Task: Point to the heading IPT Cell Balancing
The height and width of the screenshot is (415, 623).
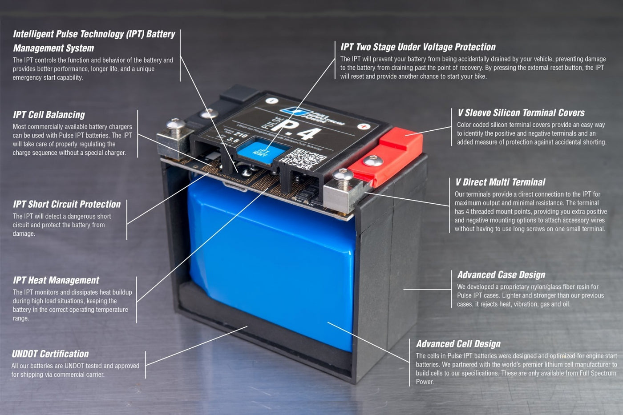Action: tap(49, 115)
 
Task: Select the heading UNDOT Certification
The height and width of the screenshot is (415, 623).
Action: tap(50, 354)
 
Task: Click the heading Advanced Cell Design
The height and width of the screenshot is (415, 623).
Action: tap(458, 344)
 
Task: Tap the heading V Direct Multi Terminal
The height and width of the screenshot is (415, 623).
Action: tap(500, 182)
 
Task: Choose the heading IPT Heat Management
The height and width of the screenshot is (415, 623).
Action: tap(56, 280)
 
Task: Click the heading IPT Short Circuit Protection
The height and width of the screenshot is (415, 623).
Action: tap(67, 204)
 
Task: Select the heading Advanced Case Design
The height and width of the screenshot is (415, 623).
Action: tap(501, 275)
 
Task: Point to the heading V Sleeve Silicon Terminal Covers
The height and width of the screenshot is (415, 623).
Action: tap(521, 113)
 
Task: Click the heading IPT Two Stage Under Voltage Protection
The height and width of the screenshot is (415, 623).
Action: tap(418, 47)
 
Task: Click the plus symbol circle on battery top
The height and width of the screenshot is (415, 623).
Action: tap(364, 126)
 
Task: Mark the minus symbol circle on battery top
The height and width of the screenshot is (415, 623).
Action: tap(272, 101)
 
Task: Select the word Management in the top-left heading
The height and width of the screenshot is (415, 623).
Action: tap(53, 48)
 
